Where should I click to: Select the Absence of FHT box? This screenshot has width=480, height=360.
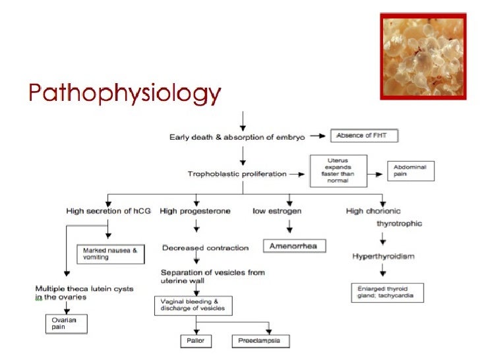click(364, 136)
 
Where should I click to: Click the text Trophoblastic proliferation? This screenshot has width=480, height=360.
click(237, 174)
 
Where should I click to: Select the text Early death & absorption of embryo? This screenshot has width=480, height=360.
click(239, 137)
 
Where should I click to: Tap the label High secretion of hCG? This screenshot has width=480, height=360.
click(108, 211)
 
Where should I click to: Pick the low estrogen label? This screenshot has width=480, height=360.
click(278, 211)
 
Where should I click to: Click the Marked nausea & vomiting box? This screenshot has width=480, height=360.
click(110, 253)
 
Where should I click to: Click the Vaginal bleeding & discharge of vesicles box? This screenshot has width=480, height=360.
click(194, 305)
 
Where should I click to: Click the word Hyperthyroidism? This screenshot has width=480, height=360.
click(383, 256)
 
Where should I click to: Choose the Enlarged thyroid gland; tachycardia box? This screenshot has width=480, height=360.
click(386, 292)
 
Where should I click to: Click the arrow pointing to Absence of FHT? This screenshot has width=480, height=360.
click(318, 136)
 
